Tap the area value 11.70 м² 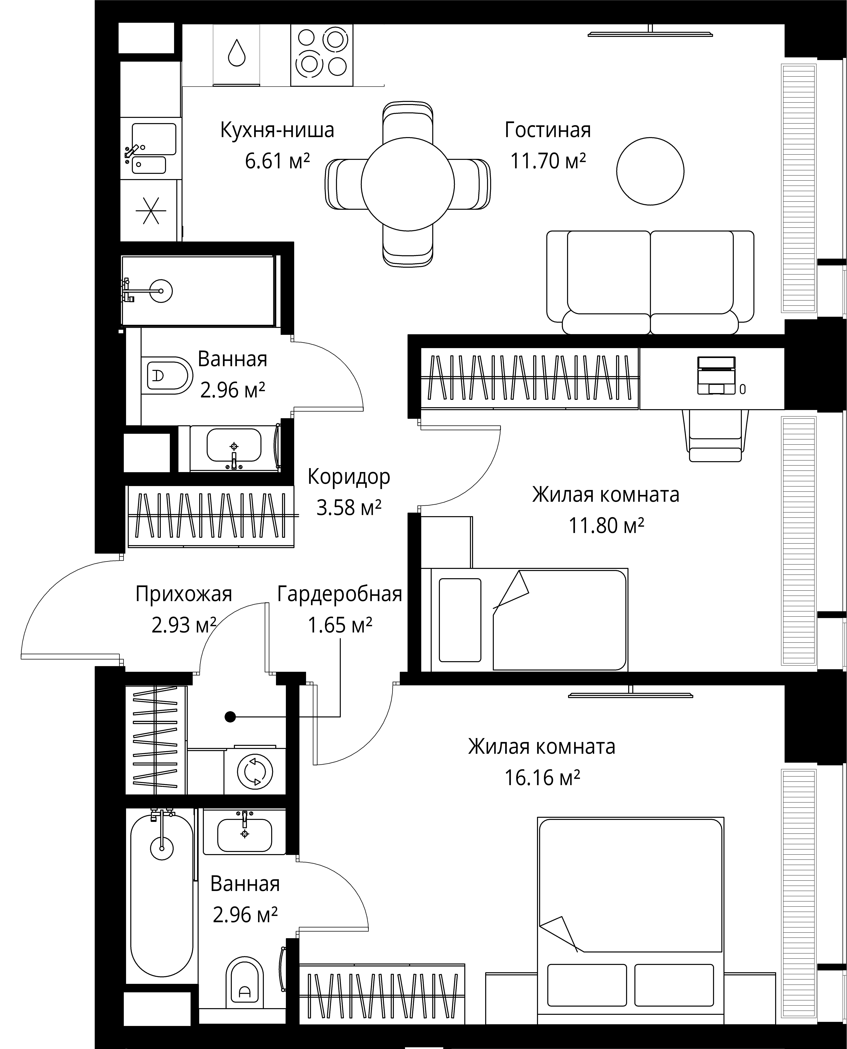(x=548, y=161)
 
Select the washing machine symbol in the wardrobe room (x=255, y=772)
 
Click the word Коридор (x=349, y=477)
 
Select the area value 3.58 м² (x=349, y=508)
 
